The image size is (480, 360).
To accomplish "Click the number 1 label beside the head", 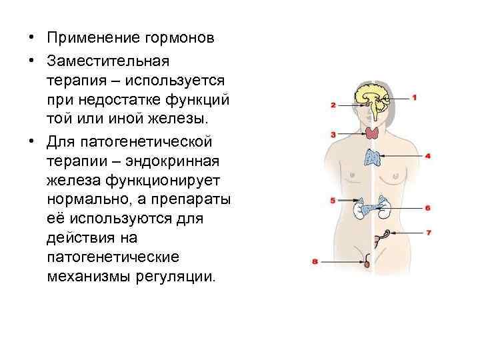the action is pyautogui.click(x=415, y=97).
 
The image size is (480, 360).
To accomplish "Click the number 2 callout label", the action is pyautogui.click(x=333, y=105).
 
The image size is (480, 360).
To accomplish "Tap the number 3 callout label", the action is pyautogui.click(x=333, y=135).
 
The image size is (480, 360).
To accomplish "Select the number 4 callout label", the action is pyautogui.click(x=427, y=156).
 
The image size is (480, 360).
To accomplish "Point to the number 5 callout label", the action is pyautogui.click(x=333, y=200).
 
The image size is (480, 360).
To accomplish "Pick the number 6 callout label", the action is pyautogui.click(x=427, y=208).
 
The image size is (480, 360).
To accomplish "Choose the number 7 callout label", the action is pyautogui.click(x=427, y=233).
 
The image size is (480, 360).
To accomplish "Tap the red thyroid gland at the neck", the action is pyautogui.click(x=371, y=132).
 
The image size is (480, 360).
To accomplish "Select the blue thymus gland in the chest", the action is pyautogui.click(x=373, y=157).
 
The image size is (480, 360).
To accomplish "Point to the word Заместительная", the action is pyautogui.click(x=108, y=61).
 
